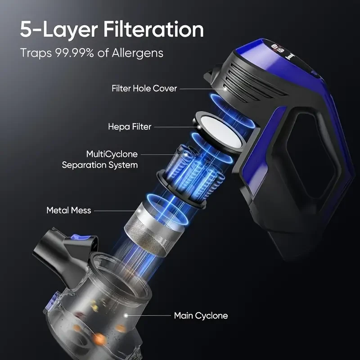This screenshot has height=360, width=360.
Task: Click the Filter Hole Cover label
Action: [x=144, y=89]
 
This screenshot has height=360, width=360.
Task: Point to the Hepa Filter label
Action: [x=130, y=127]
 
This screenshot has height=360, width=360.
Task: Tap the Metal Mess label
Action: [x=68, y=210]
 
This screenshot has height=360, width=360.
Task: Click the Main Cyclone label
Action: [x=201, y=315]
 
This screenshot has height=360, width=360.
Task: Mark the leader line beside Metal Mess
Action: [x=115, y=210]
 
